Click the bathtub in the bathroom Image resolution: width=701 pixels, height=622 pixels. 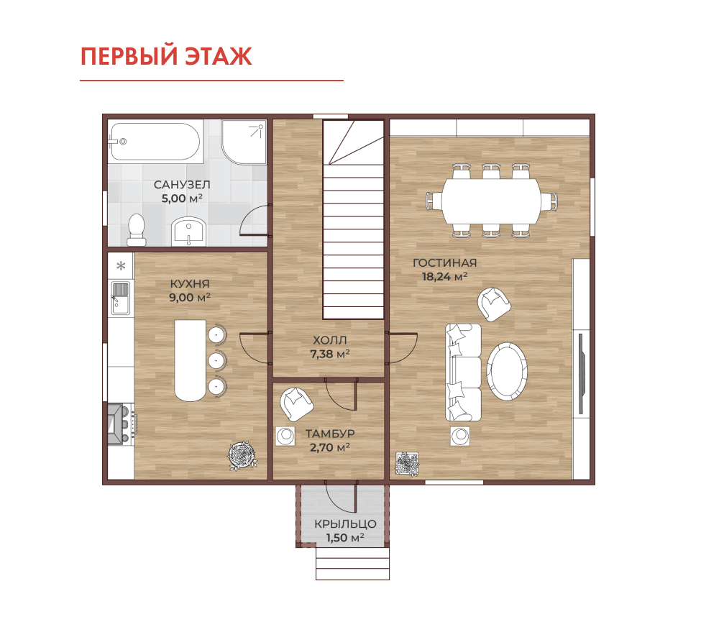click(155, 142)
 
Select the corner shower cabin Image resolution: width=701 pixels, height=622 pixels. click(244, 142)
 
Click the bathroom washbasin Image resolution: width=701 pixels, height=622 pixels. click(188, 232)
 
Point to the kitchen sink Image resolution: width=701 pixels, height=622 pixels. click(120, 298)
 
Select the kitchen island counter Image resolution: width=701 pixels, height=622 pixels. click(191, 360)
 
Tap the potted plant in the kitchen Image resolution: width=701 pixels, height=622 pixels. click(242, 455)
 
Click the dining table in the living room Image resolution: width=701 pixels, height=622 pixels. click(491, 201)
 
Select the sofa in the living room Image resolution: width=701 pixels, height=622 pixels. click(463, 372)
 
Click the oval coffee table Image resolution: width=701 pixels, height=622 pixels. click(507, 371)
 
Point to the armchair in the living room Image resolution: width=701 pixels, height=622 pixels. click(493, 304)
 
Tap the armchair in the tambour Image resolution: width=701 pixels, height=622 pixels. click(296, 404)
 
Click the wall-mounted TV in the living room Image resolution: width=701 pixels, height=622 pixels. click(581, 373)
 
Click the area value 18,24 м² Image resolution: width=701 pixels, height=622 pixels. click(445, 277)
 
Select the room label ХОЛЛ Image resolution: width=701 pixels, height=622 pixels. click(330, 340)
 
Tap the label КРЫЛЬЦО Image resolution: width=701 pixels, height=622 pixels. click(345, 524)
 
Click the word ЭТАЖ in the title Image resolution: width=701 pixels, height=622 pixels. click(219, 57)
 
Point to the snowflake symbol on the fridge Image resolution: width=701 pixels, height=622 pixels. click(121, 266)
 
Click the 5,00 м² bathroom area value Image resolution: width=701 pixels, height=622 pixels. click(182, 198)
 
